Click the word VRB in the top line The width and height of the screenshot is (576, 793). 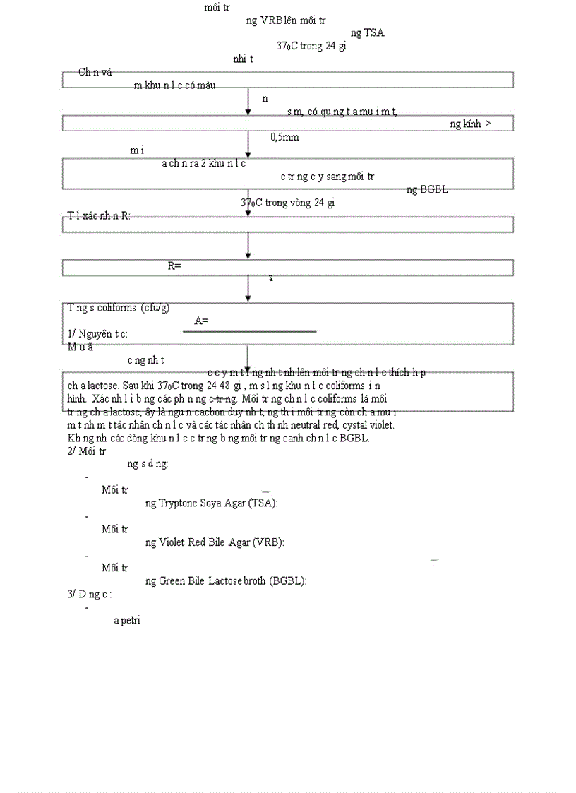coord(271,20)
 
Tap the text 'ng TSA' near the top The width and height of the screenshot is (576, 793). coord(367,32)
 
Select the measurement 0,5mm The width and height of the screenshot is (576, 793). coord(284,137)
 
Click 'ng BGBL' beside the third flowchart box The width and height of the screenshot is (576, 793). coord(427,189)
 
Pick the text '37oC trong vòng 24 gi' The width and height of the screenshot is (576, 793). coord(287,202)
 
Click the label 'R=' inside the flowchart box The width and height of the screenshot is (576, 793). coord(174,266)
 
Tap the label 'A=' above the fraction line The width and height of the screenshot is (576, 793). coord(201,321)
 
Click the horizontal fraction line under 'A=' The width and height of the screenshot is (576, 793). coord(255,330)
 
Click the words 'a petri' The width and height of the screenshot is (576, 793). coord(128,621)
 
